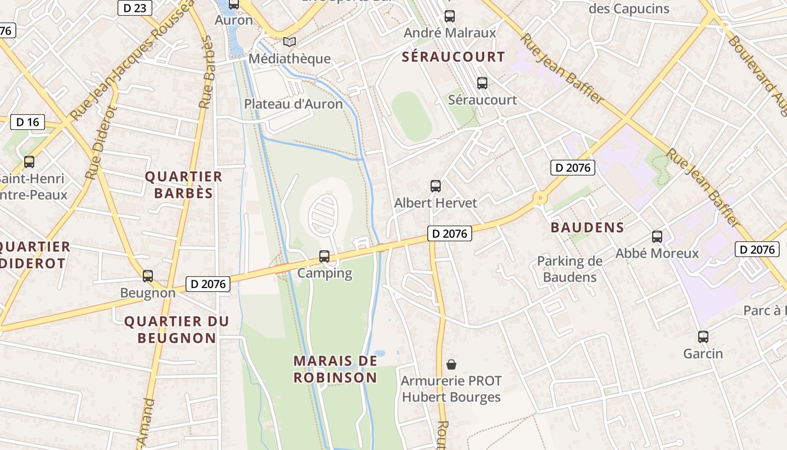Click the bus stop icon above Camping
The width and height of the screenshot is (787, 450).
[324, 256]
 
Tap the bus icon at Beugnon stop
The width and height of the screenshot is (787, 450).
[148, 276]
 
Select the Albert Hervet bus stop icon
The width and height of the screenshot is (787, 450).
[436, 186]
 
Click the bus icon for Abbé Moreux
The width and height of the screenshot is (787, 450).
[657, 237]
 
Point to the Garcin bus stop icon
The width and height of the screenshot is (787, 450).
[703, 337]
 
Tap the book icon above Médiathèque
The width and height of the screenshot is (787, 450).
[290, 42]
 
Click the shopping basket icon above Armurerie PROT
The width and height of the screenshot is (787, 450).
[451, 364]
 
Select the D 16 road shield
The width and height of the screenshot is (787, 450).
[28, 122]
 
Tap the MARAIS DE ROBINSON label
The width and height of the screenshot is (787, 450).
[335, 369]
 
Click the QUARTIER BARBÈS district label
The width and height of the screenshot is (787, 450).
[184, 185]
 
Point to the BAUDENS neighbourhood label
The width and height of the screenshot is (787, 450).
[587, 227]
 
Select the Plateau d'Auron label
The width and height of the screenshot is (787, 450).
[293, 104]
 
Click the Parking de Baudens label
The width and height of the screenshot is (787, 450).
[569, 269]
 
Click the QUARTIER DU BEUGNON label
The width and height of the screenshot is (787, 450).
[177, 330]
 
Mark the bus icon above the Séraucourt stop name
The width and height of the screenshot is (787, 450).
[482, 83]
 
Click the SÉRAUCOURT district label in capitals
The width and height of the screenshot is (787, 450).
[453, 57]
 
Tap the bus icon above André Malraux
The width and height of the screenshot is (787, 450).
[450, 16]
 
